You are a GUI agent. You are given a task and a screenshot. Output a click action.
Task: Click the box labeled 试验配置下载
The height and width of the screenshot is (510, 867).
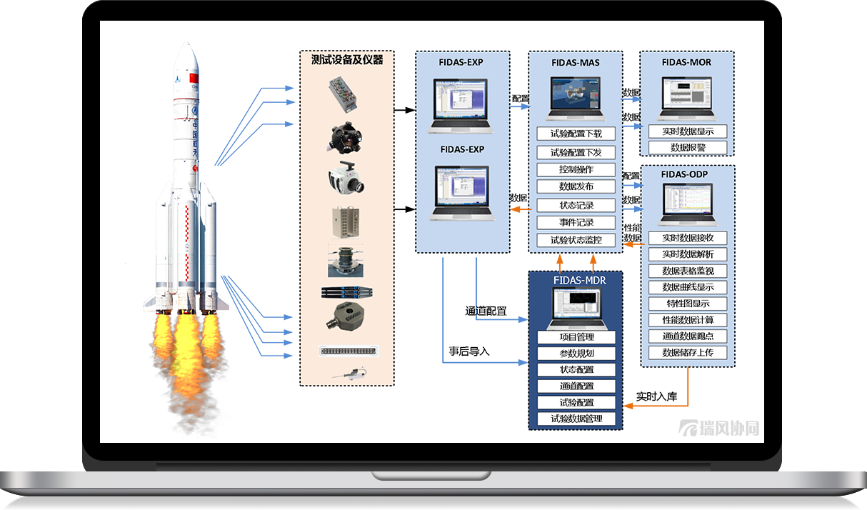pos(576,134)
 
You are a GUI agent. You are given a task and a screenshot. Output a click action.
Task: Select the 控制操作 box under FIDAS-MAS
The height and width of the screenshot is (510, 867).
pos(576,169)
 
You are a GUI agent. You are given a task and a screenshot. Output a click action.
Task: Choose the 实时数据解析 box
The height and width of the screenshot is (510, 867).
pos(688,254)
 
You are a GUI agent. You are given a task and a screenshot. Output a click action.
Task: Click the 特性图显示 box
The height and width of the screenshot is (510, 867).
pos(688,304)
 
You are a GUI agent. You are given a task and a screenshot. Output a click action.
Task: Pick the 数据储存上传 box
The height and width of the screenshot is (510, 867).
pos(688,353)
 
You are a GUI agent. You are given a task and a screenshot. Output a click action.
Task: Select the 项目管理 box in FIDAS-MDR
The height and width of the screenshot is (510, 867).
pos(576,337)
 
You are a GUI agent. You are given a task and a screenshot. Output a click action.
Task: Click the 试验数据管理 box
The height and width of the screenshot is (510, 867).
pos(576,419)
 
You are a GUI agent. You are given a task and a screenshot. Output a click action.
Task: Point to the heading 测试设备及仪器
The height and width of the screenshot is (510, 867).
pos(347,60)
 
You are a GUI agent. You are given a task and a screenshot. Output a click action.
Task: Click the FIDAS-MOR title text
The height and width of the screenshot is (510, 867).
pos(686,62)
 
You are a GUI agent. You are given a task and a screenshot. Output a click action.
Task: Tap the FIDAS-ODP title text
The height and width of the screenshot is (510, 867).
pos(687,174)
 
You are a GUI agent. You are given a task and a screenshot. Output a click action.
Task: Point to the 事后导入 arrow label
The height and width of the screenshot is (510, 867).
pos(469,351)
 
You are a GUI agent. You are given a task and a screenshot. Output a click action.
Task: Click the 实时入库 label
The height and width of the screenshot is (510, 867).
pos(656,396)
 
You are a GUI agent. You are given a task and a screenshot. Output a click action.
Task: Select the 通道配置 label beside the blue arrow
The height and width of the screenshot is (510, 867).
pos(486,311)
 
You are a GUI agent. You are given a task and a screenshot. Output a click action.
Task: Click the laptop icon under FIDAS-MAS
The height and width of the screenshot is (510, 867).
pos(576,98)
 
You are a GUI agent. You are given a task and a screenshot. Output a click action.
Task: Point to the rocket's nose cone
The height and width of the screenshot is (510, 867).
pos(184,54)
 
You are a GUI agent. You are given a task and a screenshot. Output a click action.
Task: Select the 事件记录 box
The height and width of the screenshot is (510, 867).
pos(576,222)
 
